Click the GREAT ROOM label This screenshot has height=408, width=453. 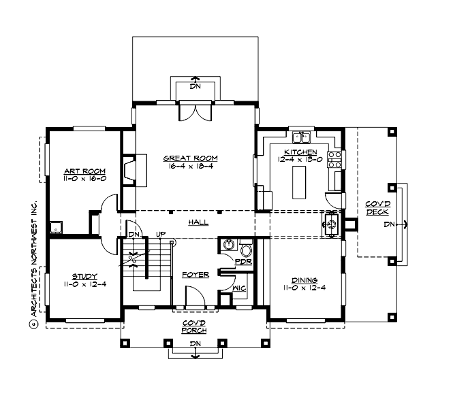189,158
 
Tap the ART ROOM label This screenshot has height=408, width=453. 80,171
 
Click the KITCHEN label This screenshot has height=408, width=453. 300,151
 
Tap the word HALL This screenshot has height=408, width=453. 198,222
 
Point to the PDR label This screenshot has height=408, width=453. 244,260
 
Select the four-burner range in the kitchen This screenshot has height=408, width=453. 335,159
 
